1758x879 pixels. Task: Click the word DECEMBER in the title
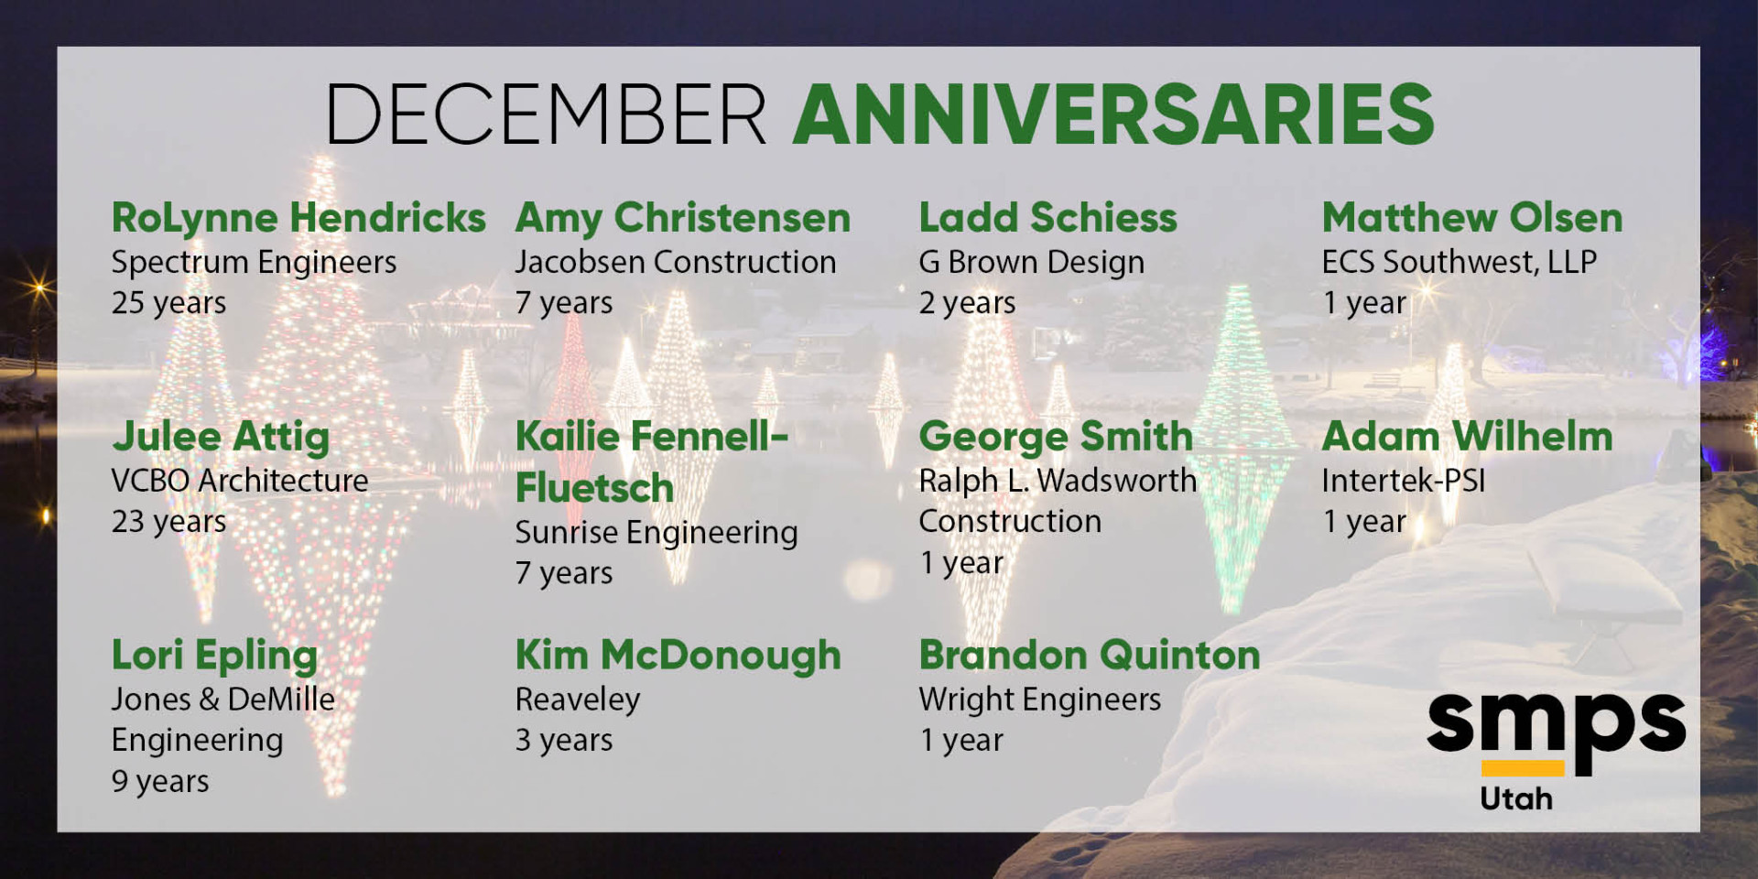tap(546, 114)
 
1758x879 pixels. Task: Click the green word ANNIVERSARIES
tap(1113, 114)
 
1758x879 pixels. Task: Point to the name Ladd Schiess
tap(1048, 218)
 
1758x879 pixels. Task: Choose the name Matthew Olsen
tap(1472, 218)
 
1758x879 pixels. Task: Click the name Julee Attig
tap(221, 438)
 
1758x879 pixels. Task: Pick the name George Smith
tap(1056, 438)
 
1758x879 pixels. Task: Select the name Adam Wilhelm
tap(1467, 437)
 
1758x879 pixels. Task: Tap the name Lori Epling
tap(214, 657)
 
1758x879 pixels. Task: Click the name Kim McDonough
tap(678, 657)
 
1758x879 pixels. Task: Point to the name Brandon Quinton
tap(1090, 656)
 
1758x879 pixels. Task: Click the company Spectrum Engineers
tap(254, 264)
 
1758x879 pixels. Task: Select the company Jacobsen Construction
tap(676, 262)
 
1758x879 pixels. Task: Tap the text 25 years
tap(168, 303)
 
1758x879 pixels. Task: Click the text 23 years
tap(168, 522)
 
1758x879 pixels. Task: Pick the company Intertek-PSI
tap(1403, 481)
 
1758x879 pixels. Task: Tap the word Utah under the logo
tap(1516, 798)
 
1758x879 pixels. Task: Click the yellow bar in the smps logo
tap(1523, 768)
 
